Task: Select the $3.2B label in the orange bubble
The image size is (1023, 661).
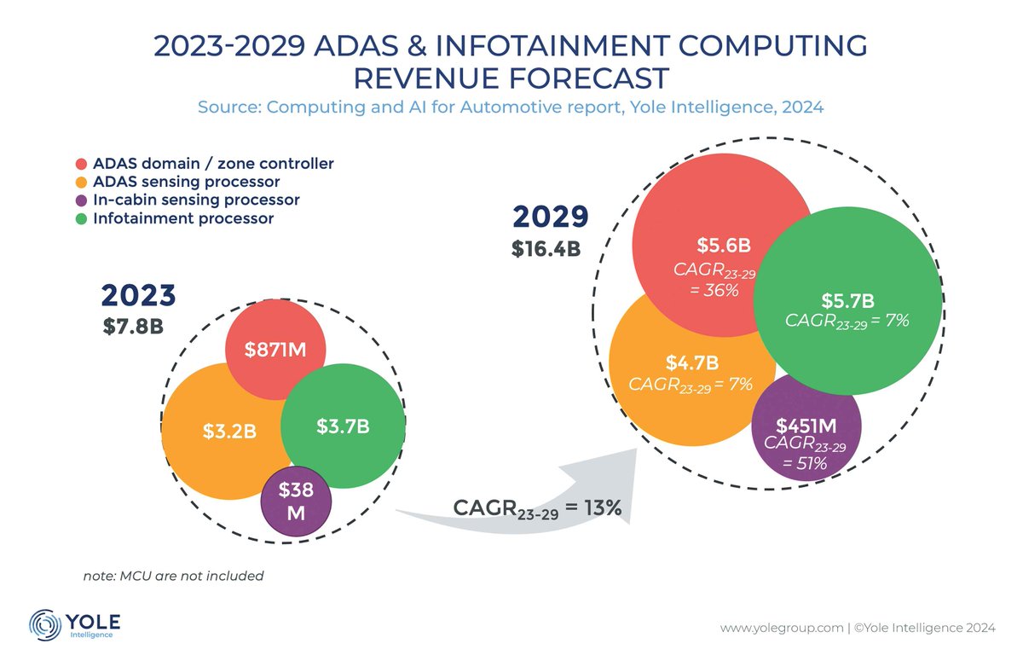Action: [x=229, y=432]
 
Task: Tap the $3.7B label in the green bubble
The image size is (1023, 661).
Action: [x=342, y=426]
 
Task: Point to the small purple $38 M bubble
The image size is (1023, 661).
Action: [x=295, y=502]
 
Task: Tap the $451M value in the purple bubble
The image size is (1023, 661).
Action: [x=805, y=426]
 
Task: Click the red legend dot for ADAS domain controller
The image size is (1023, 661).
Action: [x=81, y=164]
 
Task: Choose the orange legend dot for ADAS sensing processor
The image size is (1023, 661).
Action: [x=81, y=183]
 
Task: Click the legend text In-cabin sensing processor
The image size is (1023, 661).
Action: [x=196, y=200]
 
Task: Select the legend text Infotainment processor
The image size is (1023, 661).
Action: [x=183, y=218]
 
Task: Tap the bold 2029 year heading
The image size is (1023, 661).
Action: [x=550, y=217]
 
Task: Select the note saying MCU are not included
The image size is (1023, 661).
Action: [x=173, y=576]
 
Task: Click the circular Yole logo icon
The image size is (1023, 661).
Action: [x=43, y=623]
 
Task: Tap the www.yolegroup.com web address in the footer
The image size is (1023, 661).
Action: [x=779, y=629]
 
